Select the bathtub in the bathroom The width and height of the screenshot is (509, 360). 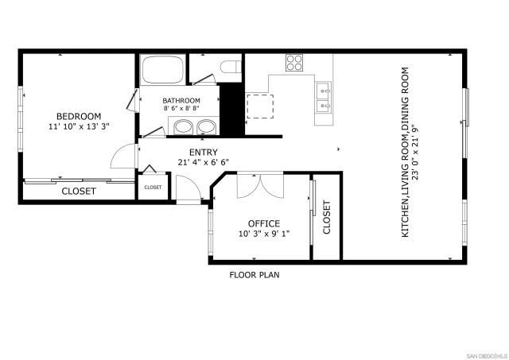[x=164, y=70]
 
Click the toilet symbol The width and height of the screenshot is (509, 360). [x=230, y=68]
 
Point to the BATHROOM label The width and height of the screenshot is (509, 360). [x=181, y=101]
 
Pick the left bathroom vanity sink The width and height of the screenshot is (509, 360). [x=185, y=126]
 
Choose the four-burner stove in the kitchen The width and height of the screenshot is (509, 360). [x=294, y=63]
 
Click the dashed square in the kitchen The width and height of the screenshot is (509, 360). [x=259, y=105]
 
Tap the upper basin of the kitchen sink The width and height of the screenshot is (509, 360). [x=324, y=88]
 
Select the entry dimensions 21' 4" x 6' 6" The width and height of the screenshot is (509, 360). [x=203, y=163]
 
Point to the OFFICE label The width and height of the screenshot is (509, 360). [x=263, y=223]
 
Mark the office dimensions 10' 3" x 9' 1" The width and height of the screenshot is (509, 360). [x=263, y=234]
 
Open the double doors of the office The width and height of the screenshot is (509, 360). [x=259, y=184]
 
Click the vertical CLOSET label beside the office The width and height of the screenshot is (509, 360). [x=326, y=216]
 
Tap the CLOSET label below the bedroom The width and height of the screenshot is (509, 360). [x=79, y=192]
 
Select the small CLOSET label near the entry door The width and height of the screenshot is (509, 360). [x=152, y=188]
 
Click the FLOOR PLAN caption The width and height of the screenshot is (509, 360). [x=254, y=275]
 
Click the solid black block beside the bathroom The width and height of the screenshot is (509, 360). [x=231, y=109]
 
